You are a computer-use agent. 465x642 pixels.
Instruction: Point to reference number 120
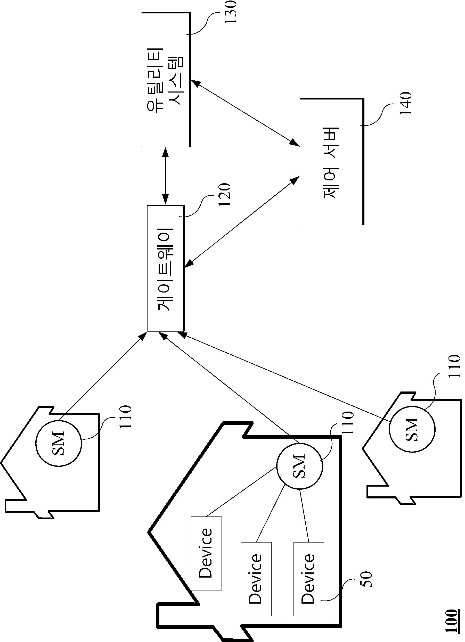[x=225, y=195]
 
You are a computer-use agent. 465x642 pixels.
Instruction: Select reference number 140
[x=405, y=103]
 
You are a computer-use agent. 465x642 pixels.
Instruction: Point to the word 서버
[x=330, y=142]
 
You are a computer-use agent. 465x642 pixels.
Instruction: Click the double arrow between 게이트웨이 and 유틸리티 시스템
[x=165, y=176]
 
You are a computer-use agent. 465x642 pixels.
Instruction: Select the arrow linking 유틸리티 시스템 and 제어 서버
[x=245, y=113]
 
